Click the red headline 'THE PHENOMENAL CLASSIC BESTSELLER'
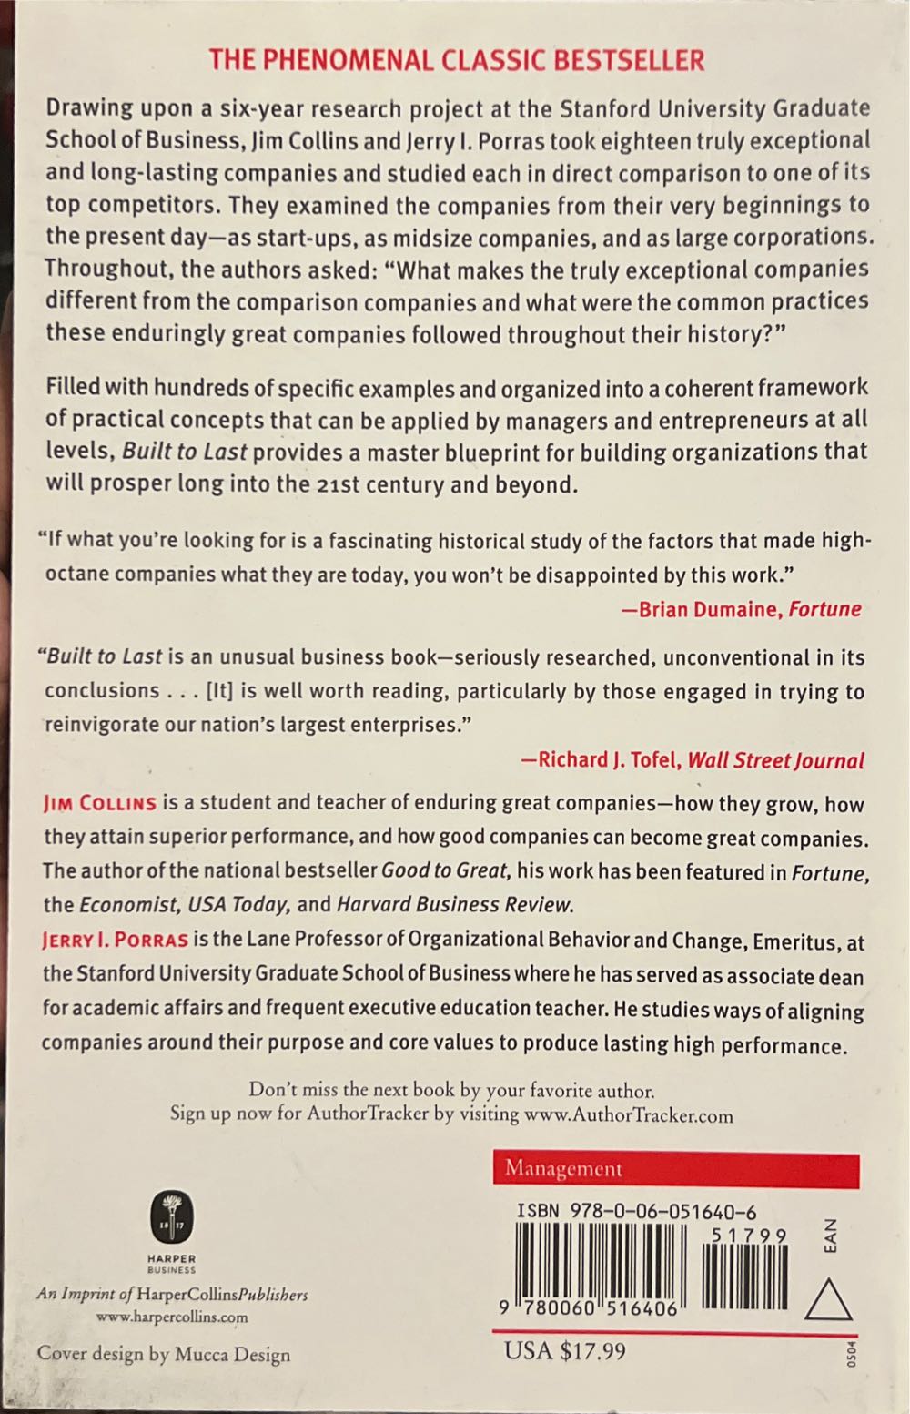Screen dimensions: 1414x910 (x=456, y=60)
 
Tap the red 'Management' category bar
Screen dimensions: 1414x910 (x=675, y=1169)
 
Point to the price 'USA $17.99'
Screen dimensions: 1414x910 (x=565, y=1349)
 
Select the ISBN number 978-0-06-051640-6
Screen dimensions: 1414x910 (x=636, y=1211)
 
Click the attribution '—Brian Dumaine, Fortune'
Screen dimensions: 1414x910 (x=741, y=609)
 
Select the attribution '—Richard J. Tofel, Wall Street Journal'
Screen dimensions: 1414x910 (x=692, y=760)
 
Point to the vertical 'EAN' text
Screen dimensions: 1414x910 (x=829, y=1236)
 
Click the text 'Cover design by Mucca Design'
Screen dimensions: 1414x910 (x=164, y=1354)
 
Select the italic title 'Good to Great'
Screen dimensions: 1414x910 (x=444, y=870)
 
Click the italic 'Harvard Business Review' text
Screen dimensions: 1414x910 (x=455, y=904)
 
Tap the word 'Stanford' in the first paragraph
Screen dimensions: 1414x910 (x=609, y=108)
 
